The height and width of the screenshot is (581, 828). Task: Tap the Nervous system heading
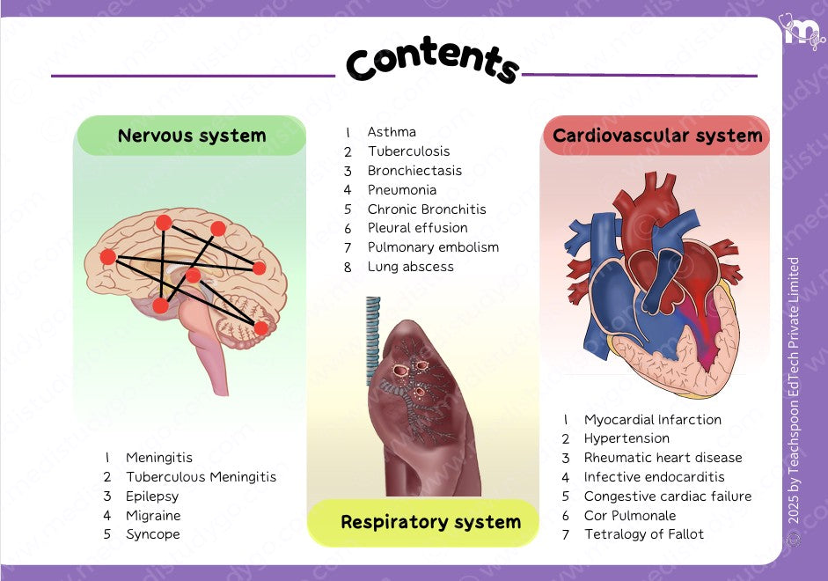coord(192,136)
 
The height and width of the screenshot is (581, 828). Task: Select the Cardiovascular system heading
coord(657,136)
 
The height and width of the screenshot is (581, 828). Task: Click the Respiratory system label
coord(430,522)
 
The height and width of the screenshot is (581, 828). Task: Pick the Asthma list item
coord(392,132)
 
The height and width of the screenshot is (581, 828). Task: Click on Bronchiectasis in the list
coord(414,171)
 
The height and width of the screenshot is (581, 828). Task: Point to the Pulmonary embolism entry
coord(433,247)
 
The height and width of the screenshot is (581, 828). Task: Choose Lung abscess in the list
coord(410,267)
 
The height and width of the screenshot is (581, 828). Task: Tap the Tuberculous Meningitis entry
coord(201,477)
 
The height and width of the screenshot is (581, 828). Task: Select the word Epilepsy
coord(152,496)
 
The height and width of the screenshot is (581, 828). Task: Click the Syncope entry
coord(152,534)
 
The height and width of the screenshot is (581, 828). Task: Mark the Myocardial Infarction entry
coord(652,420)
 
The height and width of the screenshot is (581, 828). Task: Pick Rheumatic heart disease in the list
coord(663,458)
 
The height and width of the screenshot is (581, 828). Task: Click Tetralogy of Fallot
coord(643,534)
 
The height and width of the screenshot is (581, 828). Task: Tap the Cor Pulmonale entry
coord(630,516)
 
